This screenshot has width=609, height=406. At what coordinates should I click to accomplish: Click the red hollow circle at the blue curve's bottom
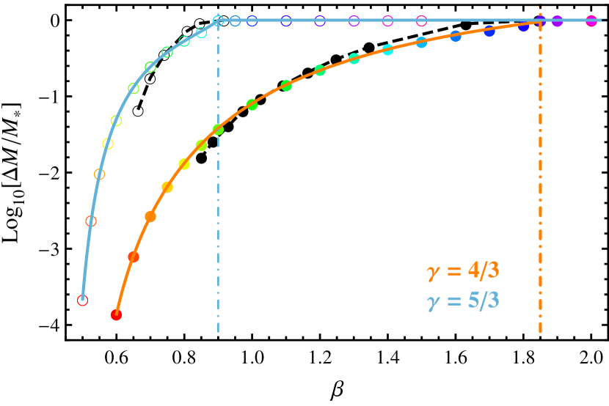click(x=83, y=300)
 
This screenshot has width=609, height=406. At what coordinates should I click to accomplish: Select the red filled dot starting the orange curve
click(x=116, y=315)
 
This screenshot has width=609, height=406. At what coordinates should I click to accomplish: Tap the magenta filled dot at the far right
click(x=591, y=21)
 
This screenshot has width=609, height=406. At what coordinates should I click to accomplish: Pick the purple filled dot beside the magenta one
click(x=557, y=21)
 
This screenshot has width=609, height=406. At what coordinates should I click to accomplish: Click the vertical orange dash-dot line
click(x=541, y=183)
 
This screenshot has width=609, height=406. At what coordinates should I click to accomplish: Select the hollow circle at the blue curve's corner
click(x=218, y=21)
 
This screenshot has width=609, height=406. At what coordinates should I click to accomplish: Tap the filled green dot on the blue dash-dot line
click(x=218, y=130)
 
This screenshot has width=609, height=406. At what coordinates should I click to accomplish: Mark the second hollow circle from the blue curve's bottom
click(x=91, y=221)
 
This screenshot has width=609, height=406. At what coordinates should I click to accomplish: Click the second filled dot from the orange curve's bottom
click(x=134, y=256)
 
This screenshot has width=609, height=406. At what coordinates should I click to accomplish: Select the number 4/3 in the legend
click(x=484, y=271)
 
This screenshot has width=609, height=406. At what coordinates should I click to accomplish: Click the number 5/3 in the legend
click(x=484, y=300)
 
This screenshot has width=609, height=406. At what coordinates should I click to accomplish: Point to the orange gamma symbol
click(x=432, y=273)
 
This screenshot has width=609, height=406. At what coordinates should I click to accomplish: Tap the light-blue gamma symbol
click(x=432, y=302)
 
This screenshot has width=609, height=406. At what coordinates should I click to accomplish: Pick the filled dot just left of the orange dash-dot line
click(x=524, y=26)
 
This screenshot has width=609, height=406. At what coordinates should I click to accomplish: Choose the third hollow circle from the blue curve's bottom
click(x=100, y=174)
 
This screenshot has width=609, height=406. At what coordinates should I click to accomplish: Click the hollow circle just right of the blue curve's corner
click(x=235, y=21)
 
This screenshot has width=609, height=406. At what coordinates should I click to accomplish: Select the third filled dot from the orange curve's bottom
click(x=150, y=216)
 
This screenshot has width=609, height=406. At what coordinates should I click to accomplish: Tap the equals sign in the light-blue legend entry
click(x=453, y=300)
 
